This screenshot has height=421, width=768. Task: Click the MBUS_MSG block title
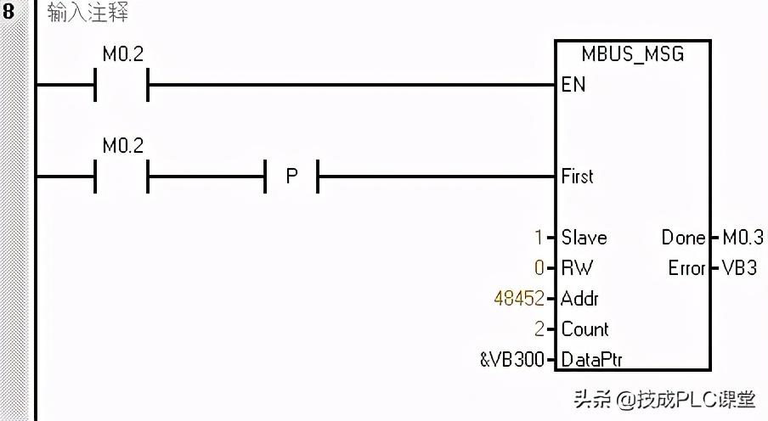coord(632,55)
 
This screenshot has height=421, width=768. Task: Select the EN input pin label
coord(573,85)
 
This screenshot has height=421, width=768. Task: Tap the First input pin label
coord(578,177)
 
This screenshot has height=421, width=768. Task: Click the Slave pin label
coord(584,238)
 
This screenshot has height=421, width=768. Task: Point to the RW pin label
coord(577,268)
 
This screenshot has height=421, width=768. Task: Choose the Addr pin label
coord(580,299)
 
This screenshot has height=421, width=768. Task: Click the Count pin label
coord(584,329)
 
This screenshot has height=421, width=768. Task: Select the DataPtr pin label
coord(591,360)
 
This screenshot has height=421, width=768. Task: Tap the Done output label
coord(683,238)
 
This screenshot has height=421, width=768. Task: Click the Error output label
coord(686,268)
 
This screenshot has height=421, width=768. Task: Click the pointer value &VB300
coord(511,360)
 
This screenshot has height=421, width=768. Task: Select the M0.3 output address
coord(742,238)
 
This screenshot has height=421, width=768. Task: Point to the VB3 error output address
coord(739,268)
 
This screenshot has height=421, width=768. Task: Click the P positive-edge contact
coord(292,177)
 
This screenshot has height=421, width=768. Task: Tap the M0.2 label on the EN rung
coord(123,55)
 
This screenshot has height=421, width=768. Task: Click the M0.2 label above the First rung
coord(123,146)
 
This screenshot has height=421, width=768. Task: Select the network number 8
coord(9,14)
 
